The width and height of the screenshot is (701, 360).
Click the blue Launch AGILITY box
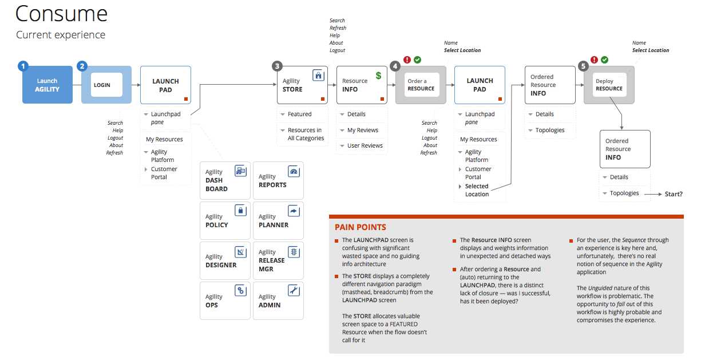coord(47,85)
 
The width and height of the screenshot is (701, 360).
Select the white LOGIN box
coord(106,85)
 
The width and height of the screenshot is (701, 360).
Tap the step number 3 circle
coord(278,66)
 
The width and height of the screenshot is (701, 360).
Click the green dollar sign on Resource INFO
coord(378,76)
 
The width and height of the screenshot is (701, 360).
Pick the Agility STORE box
coord(302,85)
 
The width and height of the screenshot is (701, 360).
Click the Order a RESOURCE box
coord(421,85)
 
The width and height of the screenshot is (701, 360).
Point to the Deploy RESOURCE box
coord(609,85)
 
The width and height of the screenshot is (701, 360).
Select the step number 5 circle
coord(583,66)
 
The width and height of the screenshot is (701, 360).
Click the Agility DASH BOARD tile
coord(225,181)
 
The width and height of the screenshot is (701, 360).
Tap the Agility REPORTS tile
coord(278,181)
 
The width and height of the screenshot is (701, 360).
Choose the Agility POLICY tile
coord(225,221)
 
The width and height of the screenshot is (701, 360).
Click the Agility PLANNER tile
coord(278,221)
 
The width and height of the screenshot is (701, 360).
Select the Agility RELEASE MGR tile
coord(278,260)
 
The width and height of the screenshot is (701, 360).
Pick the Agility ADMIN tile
coord(278,300)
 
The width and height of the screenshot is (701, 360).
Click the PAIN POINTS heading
coord(361,227)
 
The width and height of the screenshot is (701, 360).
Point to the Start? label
coord(674,194)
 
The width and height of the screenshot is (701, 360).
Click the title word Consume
coord(61,14)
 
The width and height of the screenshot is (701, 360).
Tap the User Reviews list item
coord(365,146)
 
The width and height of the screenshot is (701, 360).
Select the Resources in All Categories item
coord(306,134)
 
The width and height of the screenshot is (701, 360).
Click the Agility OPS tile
coord(225,300)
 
